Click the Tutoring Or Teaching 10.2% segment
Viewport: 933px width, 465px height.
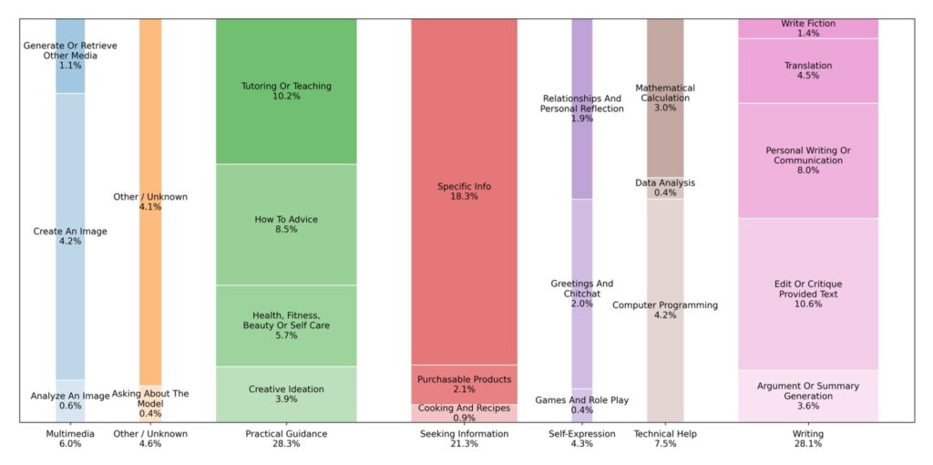tap(286, 91)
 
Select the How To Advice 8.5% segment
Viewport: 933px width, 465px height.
tap(286, 224)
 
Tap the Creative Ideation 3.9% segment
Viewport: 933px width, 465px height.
tap(286, 394)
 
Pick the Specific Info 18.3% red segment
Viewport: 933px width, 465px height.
tap(464, 191)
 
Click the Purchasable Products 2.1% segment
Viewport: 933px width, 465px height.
tap(464, 384)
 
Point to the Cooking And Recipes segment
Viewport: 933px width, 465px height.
tap(464, 412)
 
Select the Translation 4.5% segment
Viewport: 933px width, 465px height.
tap(807, 70)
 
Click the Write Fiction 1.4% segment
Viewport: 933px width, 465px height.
tap(807, 28)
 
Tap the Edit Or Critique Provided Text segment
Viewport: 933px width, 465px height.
tap(807, 294)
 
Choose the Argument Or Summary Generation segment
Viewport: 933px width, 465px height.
tap(807, 396)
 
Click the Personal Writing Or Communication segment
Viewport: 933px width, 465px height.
tap(807, 160)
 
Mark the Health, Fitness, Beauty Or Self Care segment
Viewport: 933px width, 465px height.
tap(286, 325)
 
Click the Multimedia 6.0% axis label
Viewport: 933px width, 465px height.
tap(70, 439)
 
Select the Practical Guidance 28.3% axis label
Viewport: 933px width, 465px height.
tap(286, 439)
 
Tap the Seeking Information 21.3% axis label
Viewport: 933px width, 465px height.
tap(464, 439)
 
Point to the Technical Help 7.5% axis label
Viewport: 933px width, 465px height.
tap(665, 439)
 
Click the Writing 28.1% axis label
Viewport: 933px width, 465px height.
tap(807, 439)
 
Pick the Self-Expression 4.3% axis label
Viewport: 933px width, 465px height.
tap(581, 439)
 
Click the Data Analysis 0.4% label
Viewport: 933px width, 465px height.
tap(665, 188)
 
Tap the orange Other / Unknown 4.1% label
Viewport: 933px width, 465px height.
tap(150, 201)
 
